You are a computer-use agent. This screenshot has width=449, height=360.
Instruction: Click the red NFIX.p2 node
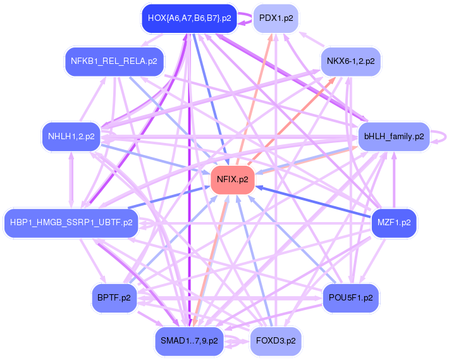click(x=232, y=179)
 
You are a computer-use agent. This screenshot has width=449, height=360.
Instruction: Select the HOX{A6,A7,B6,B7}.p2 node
click(x=188, y=18)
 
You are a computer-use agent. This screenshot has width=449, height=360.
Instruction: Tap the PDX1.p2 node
click(x=276, y=18)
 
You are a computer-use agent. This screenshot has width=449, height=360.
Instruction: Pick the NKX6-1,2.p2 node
click(x=350, y=61)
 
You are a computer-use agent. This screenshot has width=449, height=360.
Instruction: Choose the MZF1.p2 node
click(x=393, y=223)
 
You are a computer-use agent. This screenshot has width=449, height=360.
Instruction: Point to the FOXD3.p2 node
click(x=276, y=340)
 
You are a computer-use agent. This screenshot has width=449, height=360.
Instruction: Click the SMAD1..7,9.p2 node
click(x=188, y=340)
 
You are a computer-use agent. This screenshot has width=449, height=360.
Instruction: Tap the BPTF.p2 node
click(x=114, y=297)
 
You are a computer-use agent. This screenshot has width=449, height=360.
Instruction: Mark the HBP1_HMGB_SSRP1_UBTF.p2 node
click(x=71, y=223)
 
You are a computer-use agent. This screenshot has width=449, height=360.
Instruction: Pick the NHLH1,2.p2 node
click(x=71, y=136)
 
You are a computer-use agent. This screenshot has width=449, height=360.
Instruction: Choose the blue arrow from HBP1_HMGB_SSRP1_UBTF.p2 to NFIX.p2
click(x=171, y=197)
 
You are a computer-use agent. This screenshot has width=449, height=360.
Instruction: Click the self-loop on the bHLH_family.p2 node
click(x=441, y=136)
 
